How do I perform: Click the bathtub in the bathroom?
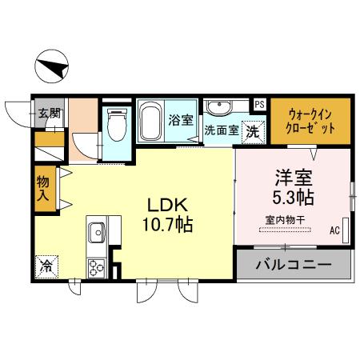click(x=151, y=123)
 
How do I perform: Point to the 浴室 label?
click(x=180, y=120)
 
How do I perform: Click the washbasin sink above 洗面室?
click(x=218, y=106)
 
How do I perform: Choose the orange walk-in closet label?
click(x=310, y=119)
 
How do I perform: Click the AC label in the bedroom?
click(x=334, y=231)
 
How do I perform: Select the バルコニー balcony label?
click(x=294, y=265)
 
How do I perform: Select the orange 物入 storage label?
click(x=43, y=189)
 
